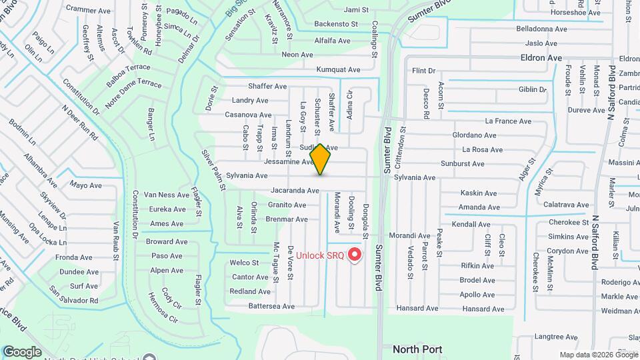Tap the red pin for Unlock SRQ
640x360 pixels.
pyautogui.click(x=355, y=255)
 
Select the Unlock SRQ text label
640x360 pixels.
pyautogui.click(x=320, y=255)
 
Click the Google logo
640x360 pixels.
pyautogui.click(x=22, y=351)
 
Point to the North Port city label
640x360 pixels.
pyautogui.click(x=417, y=349)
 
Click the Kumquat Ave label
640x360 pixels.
pyautogui.click(x=338, y=69)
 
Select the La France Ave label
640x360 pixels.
pyautogui.click(x=508, y=121)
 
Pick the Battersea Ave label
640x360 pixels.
pyautogui.click(x=271, y=307)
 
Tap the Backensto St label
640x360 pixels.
pyautogui.click(x=337, y=24)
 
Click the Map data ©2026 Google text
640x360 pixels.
pyautogui.click(x=598, y=355)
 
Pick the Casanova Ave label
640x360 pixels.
pyautogui.click(x=247, y=115)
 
